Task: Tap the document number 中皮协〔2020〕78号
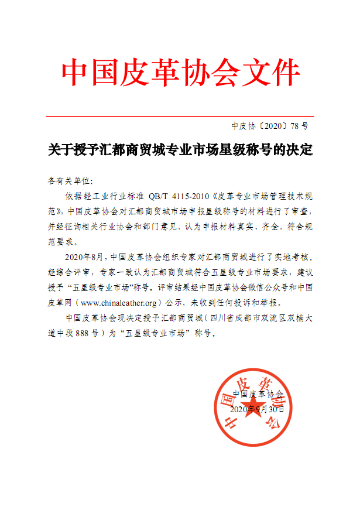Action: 270,125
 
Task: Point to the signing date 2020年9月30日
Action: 258,409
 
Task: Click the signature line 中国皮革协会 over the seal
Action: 258,394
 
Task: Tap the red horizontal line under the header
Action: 180,117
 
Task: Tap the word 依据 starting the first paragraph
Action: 73,195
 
